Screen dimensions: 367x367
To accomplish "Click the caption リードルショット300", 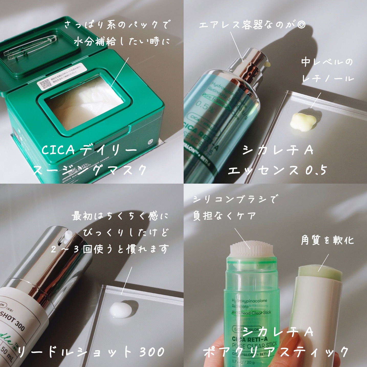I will tap(91, 352).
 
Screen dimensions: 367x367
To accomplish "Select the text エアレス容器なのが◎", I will tap(252, 25).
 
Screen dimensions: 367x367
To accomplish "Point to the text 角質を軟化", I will tap(327, 240).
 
